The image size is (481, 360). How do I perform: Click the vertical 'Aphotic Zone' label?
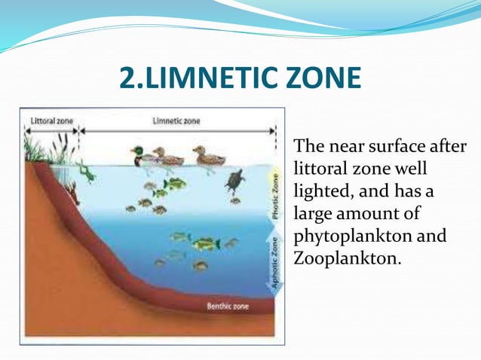click(276, 261)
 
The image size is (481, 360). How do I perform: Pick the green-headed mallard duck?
click(142, 156)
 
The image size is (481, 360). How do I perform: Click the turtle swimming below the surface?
click(235, 182)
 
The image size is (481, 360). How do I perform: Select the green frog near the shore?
click(85, 172)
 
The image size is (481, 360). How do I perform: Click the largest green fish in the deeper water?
click(204, 243)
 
